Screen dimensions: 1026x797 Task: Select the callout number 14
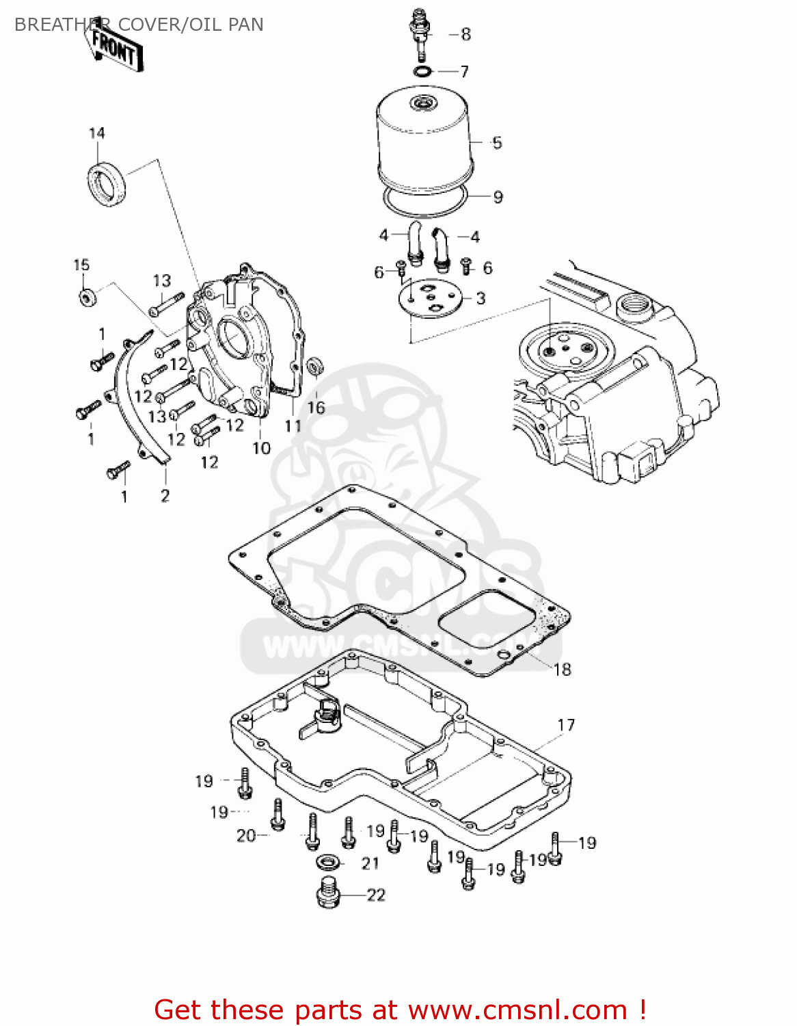pyautogui.click(x=97, y=133)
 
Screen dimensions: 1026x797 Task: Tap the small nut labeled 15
pyautogui.click(x=87, y=298)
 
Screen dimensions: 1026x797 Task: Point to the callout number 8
pyautogui.click(x=465, y=34)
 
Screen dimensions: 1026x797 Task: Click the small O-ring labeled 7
pyautogui.click(x=423, y=71)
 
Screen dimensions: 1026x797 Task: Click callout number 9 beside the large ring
pyautogui.click(x=498, y=197)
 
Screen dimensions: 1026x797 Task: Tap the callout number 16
pyautogui.click(x=316, y=408)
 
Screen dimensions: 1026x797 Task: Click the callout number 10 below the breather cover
pyautogui.click(x=262, y=448)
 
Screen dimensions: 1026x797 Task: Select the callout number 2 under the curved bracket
pyautogui.click(x=165, y=495)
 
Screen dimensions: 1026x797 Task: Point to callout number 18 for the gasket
pyautogui.click(x=562, y=669)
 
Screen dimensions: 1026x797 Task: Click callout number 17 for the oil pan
pyautogui.click(x=566, y=724)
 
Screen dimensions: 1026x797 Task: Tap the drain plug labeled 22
pyautogui.click(x=329, y=893)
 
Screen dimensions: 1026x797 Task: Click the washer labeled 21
pyautogui.click(x=329, y=862)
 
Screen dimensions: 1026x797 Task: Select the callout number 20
pyautogui.click(x=246, y=835)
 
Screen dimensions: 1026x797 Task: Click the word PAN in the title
pyautogui.click(x=245, y=25)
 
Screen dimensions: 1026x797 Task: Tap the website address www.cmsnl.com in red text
pyautogui.click(x=518, y=1010)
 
